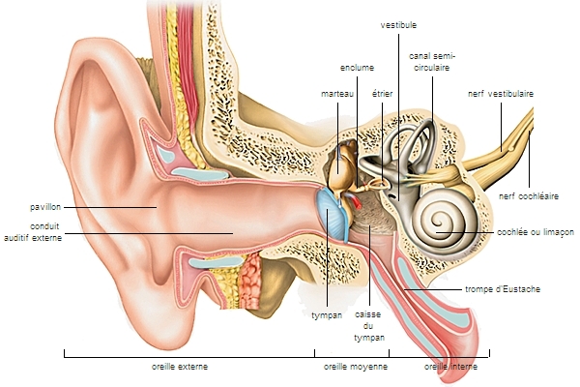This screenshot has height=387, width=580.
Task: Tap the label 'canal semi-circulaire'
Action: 432,63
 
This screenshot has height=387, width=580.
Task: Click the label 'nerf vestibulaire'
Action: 501,94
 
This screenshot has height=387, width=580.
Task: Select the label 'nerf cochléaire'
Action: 529,195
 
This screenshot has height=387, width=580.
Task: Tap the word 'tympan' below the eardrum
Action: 327,315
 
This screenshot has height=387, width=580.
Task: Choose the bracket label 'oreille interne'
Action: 450,368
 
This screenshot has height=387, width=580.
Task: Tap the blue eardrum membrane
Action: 333,215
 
